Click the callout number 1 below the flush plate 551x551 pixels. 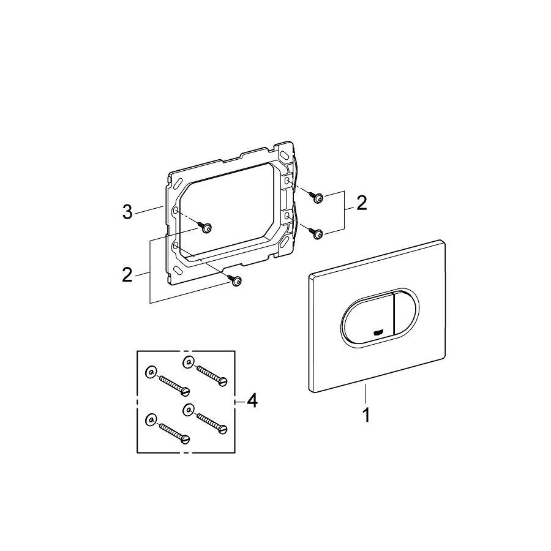pyautogui.click(x=366, y=415)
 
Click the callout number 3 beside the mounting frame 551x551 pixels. pyautogui.click(x=127, y=212)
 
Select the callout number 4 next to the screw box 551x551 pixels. pyautogui.click(x=252, y=400)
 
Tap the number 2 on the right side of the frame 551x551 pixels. pyautogui.click(x=362, y=203)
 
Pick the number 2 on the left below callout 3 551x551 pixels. pyautogui.click(x=127, y=275)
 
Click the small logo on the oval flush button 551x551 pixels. pyautogui.click(x=378, y=332)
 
